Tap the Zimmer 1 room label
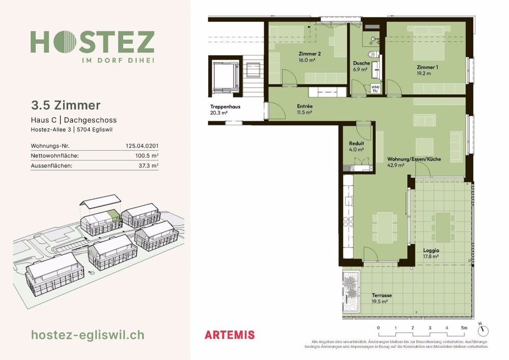click(427, 67)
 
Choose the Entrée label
click(304, 106)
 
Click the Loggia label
click(431, 251)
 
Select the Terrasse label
click(381, 295)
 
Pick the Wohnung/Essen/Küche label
click(413, 159)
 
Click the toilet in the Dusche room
click(371, 54)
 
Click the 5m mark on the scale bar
click(463, 328)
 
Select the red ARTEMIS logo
click(229, 335)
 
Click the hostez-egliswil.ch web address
click(88, 335)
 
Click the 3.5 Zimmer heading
click(66, 105)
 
